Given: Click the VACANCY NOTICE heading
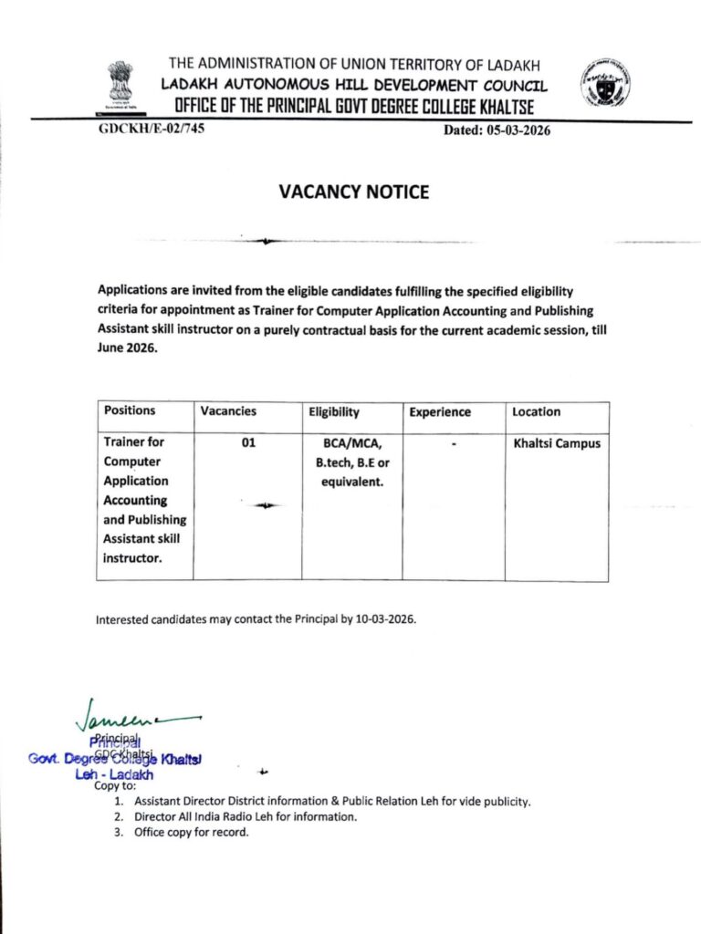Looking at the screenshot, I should (x=353, y=192).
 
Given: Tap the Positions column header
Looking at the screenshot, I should (x=130, y=411).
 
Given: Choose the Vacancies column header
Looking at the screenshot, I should (x=228, y=412).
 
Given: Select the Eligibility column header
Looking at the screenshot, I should (x=333, y=412).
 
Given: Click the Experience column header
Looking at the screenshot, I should (x=440, y=412).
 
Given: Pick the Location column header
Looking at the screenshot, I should (x=537, y=412).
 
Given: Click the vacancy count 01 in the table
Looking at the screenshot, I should (x=248, y=442).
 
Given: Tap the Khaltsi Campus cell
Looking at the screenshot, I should (x=557, y=442).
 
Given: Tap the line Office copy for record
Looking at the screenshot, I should (x=191, y=833).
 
